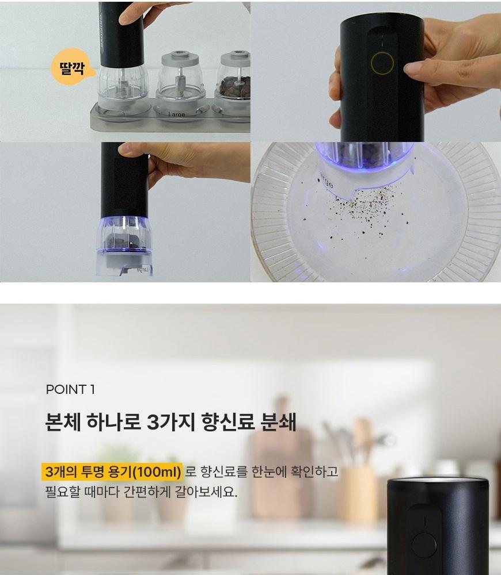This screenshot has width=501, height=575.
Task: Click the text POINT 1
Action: [x=70, y=389]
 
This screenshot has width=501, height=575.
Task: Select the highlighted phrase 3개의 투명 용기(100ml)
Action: [x=113, y=471]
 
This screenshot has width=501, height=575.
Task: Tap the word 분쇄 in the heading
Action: [x=278, y=421]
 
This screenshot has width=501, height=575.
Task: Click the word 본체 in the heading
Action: [x=62, y=421]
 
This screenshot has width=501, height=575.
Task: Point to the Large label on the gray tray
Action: [x=177, y=114]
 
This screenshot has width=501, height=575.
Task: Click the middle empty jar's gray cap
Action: [x=180, y=59]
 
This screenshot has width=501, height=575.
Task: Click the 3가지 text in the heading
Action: [x=171, y=421]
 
